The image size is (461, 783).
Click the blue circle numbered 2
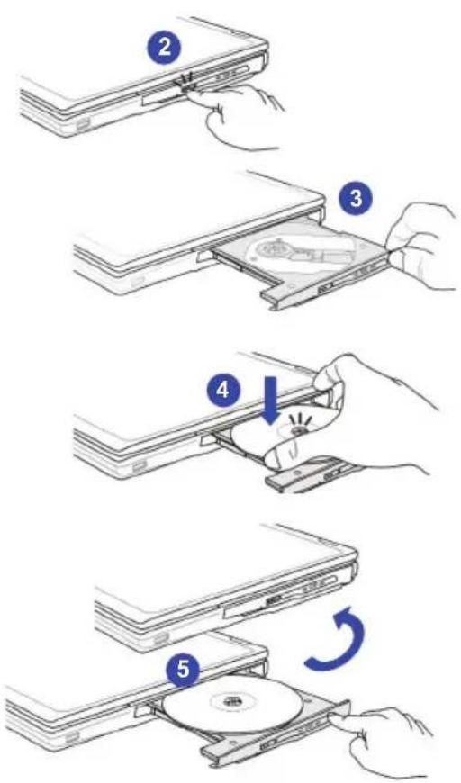[164, 49]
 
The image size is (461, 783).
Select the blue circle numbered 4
[223, 390]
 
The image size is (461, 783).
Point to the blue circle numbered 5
[184, 669]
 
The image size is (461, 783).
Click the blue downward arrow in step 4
[269, 400]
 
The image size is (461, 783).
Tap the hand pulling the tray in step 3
[423, 245]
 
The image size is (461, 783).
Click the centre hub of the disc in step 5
[231, 699]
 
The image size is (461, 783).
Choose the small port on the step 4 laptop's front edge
[139, 468]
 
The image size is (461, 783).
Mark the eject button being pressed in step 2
[188, 88]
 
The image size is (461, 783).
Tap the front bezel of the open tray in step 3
[325, 281]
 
